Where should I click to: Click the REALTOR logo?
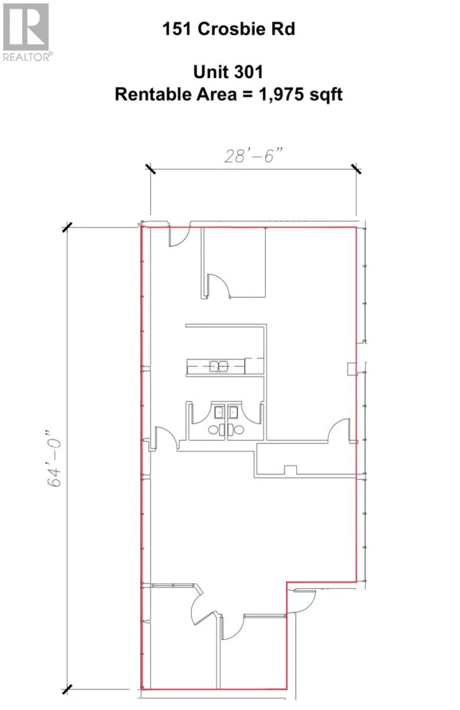[x=27, y=32]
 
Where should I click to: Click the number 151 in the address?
[x=177, y=29]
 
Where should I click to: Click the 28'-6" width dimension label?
[x=254, y=156]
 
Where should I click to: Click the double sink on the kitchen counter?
[x=219, y=366]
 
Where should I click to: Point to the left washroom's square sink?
[x=219, y=412]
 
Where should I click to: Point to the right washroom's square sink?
[x=233, y=412]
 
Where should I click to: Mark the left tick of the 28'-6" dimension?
[x=150, y=169]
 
